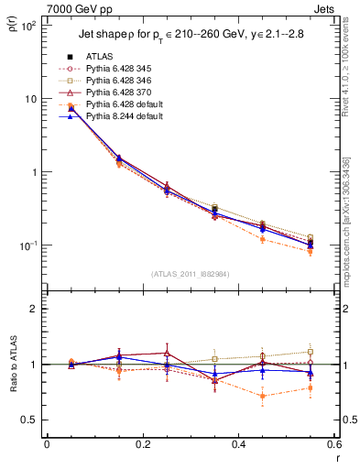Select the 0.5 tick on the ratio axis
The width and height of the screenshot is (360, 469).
(x=33, y=420)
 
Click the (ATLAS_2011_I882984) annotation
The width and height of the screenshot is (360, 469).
(x=190, y=273)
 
